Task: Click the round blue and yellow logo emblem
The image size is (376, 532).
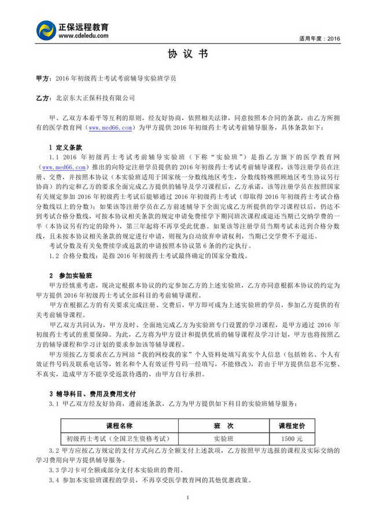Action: click(46, 30)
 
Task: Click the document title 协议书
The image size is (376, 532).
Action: click(187, 54)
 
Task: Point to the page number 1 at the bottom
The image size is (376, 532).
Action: click(188, 498)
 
